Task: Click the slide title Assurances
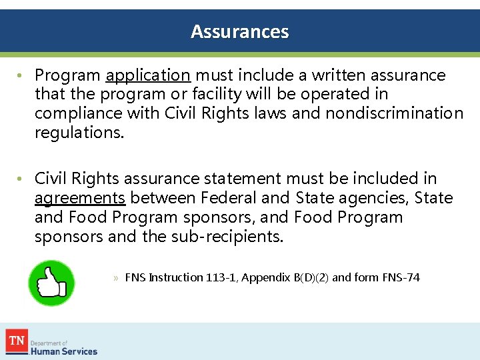(x=240, y=31)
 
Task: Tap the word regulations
(x=79, y=132)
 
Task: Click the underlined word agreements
(x=80, y=198)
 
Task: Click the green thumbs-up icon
(x=51, y=283)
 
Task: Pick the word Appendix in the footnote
(x=265, y=277)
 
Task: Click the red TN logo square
(x=17, y=341)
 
